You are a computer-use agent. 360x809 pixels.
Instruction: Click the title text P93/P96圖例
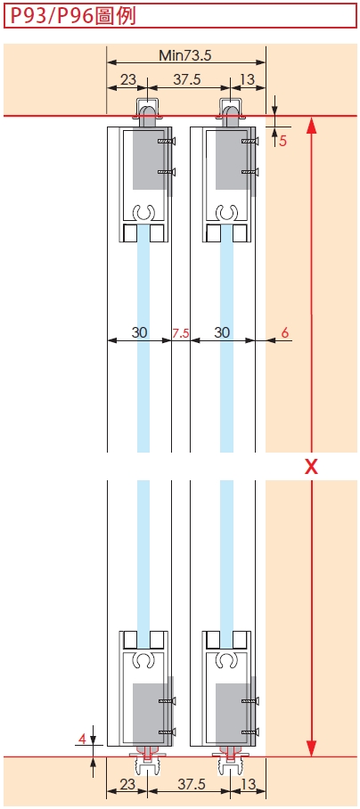point(73,15)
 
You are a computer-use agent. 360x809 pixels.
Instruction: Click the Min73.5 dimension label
point(185,54)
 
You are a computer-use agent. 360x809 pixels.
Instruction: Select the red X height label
point(311,467)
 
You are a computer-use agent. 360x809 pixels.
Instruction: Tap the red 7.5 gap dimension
point(181,333)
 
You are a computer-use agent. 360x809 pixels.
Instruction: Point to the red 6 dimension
point(285,333)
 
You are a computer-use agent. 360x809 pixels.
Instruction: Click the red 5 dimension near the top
point(282,141)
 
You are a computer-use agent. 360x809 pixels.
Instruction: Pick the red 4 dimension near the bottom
point(81,739)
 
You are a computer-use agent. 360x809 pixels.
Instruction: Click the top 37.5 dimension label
point(187,79)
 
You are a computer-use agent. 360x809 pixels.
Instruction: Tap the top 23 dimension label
point(128,79)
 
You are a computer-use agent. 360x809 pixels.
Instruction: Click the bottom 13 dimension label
point(248,784)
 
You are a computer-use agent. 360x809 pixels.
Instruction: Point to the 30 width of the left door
point(139,333)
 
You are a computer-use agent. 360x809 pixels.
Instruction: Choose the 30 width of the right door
point(222,333)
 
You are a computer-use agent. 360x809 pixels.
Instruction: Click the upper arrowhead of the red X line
point(311,126)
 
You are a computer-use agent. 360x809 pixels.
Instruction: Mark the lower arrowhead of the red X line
point(311,748)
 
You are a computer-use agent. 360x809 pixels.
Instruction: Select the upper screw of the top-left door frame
point(167,141)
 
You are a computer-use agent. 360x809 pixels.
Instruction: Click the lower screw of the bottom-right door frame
point(250,731)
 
